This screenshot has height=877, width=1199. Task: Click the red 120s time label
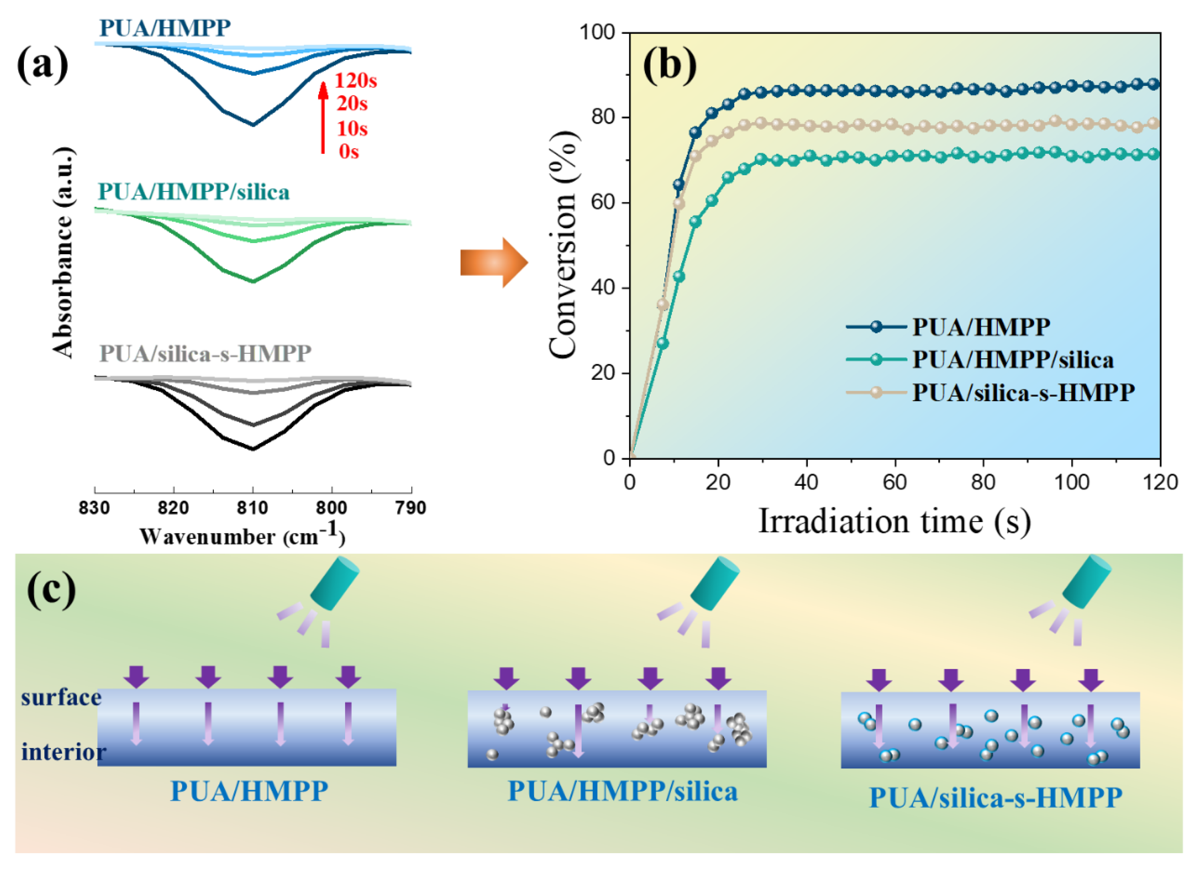click(355, 81)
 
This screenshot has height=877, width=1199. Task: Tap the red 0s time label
click(349, 152)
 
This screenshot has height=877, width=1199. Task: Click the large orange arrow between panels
click(493, 262)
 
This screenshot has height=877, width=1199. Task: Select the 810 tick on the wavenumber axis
click(253, 508)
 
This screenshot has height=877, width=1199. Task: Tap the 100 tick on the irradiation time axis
click(1072, 482)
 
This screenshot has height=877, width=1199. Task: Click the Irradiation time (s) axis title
click(894, 521)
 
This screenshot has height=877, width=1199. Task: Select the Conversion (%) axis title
click(563, 244)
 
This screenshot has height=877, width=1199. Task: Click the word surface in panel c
click(61, 698)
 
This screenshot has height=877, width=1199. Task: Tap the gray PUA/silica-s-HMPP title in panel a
click(205, 353)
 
